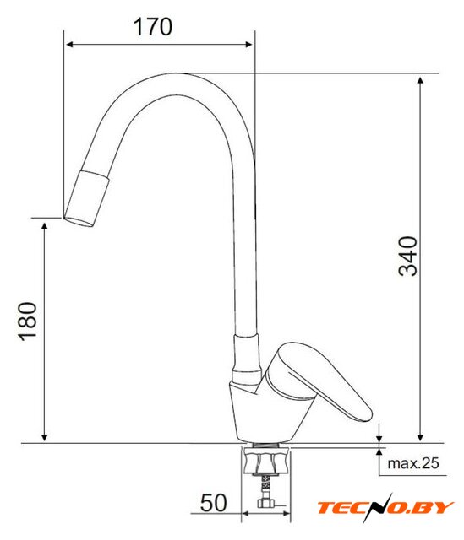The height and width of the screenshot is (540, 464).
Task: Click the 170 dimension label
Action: click(153, 26)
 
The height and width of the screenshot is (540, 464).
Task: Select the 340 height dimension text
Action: click(407, 256)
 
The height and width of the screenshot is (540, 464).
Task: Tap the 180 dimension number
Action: click(28, 321)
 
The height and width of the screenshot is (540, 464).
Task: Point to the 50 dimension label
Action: click(213, 503)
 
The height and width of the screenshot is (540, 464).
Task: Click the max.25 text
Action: click(413, 463)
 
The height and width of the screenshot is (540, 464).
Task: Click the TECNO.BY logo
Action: click(385, 508)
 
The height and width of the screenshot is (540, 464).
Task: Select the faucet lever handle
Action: click(319, 380)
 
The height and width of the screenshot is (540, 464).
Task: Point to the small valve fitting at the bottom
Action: click(266, 504)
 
